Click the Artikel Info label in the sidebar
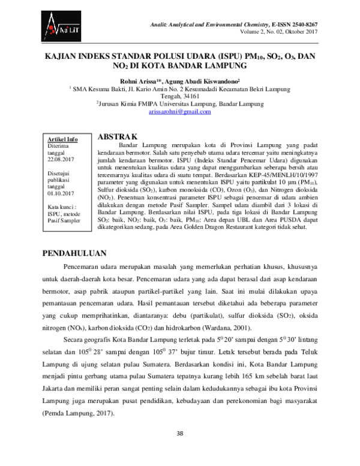pos(62,139)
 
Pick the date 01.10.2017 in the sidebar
pos(61,193)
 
